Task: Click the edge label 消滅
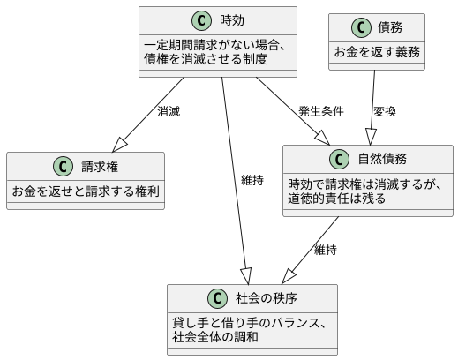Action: [x=169, y=112]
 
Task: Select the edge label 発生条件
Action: [x=321, y=112]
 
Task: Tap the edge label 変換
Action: [x=385, y=112]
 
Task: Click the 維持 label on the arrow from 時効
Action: [x=252, y=180]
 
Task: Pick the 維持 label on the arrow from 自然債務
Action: [x=326, y=250]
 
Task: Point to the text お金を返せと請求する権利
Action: [x=85, y=191]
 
